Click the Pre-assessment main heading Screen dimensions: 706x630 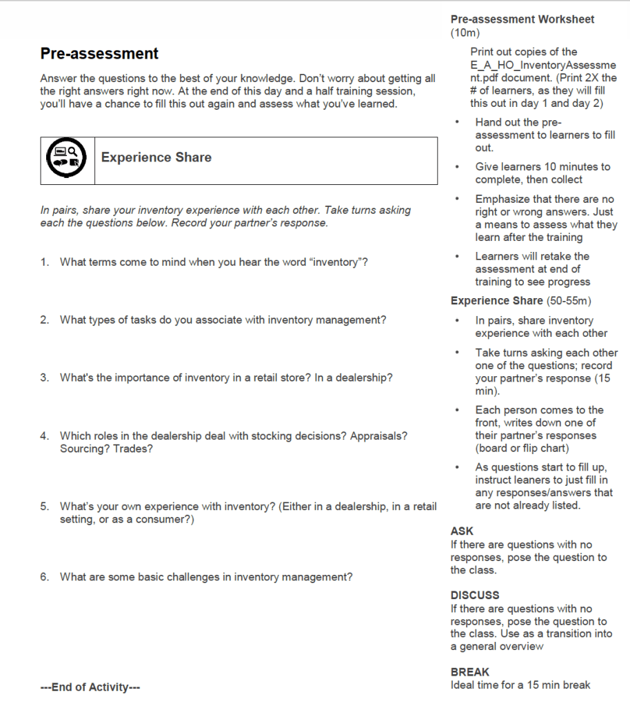(99, 54)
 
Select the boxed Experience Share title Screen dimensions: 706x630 (156, 157)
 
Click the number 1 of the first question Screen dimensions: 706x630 (43, 262)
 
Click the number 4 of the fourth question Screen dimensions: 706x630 (43, 436)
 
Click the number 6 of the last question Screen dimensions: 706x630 (43, 577)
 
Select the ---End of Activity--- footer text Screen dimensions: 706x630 (90, 687)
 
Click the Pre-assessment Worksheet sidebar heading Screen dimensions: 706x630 (522, 19)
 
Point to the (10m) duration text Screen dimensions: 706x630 (465, 32)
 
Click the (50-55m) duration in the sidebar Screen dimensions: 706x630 (569, 301)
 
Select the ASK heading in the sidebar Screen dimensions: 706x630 (462, 531)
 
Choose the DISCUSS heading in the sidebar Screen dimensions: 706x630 (475, 595)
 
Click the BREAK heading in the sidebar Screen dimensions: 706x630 (470, 672)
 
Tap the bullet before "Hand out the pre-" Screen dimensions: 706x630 (458, 122)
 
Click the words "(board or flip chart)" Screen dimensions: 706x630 (522, 448)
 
